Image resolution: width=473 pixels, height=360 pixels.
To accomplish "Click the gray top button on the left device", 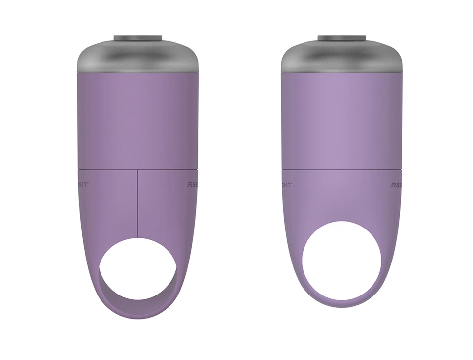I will coord(138,38).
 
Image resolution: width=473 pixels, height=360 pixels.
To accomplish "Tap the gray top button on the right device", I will coord(341,38).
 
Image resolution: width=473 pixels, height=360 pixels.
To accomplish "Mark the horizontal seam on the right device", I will coord(341,169).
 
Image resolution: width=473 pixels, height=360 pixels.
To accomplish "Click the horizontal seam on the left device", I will coord(108,169).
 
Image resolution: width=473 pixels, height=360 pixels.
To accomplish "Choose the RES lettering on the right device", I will coord(397,185).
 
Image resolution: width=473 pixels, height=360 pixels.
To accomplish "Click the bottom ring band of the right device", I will coord(341,302).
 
